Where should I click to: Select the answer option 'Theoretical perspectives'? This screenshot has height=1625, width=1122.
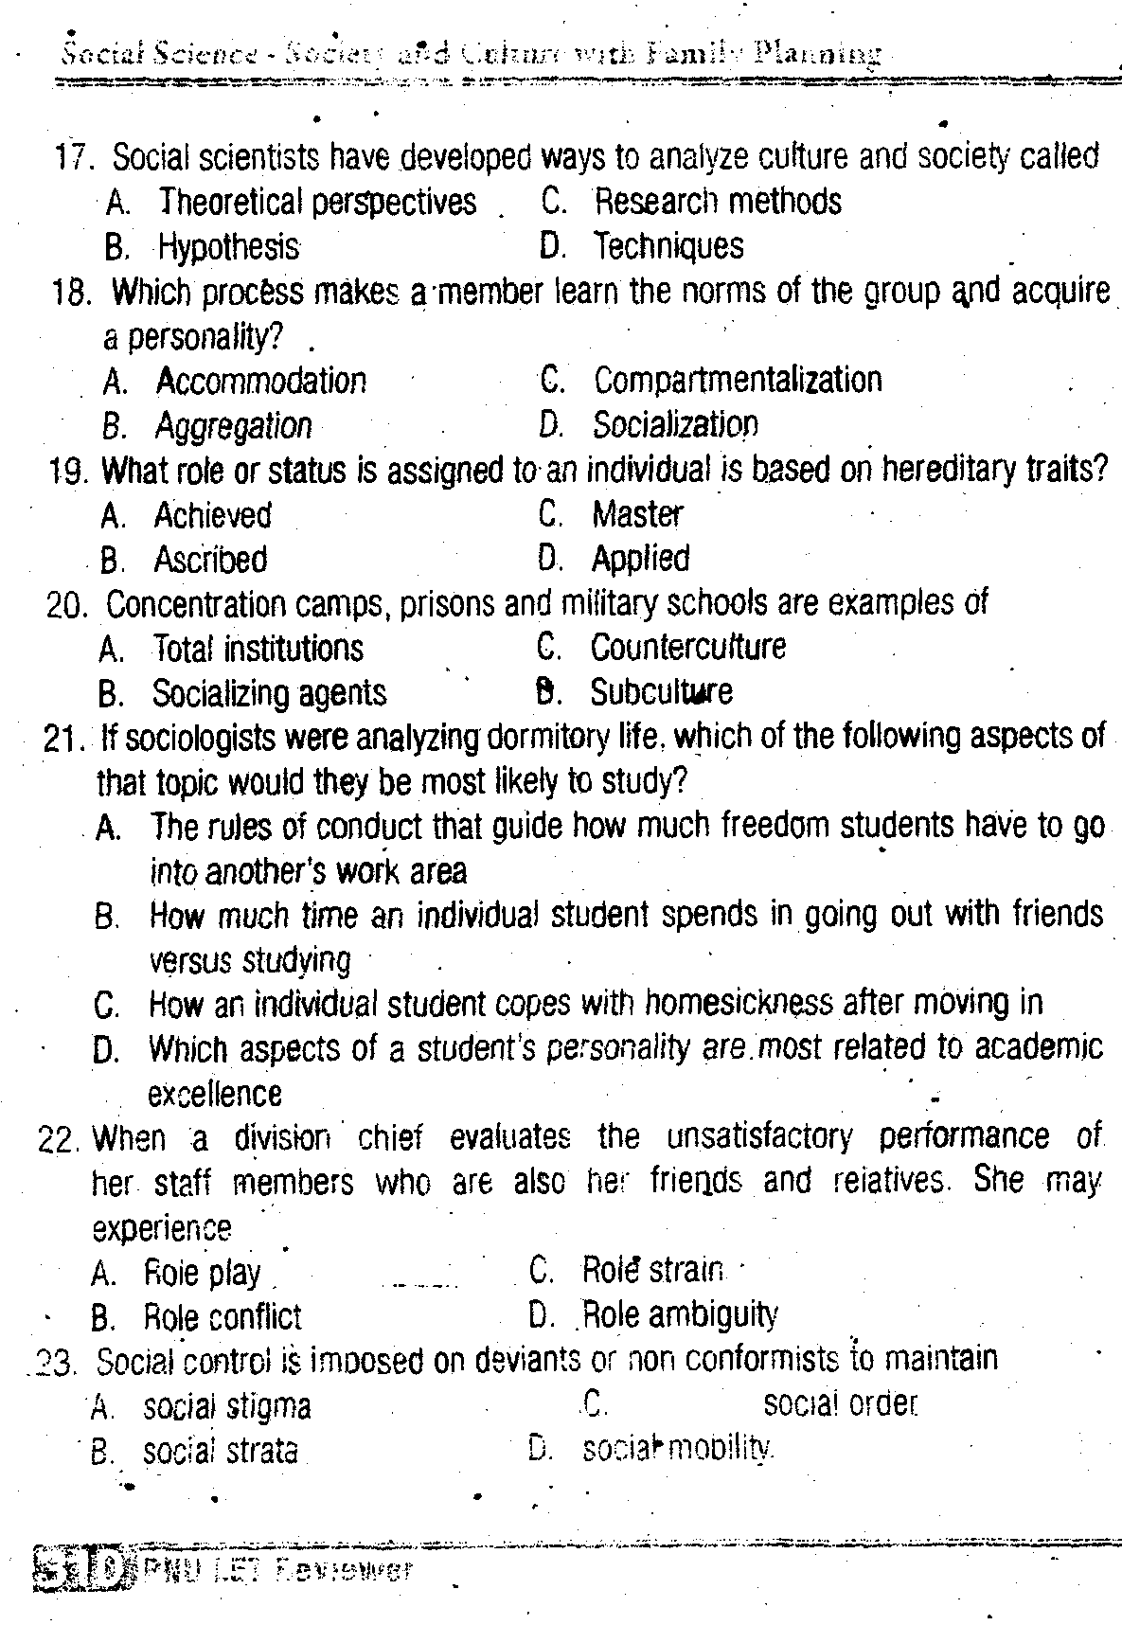[317, 202]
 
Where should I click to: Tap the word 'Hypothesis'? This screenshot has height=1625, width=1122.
[228, 247]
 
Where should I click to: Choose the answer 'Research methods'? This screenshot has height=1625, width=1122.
[717, 201]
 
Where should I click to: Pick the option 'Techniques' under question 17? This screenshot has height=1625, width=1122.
[668, 246]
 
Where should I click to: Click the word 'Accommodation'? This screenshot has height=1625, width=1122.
[260, 381]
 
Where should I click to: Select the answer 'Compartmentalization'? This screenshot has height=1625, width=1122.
[738, 380]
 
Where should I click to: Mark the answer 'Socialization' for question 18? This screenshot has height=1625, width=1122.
[675, 424]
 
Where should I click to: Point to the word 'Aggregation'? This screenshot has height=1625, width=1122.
[233, 426]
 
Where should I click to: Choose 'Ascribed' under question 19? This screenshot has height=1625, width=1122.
[210, 560]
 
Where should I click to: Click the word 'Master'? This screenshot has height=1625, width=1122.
[637, 514]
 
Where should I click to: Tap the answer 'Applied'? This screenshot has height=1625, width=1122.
[640, 558]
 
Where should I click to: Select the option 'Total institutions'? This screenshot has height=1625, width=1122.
[258, 649]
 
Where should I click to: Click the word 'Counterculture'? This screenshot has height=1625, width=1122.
[688, 647]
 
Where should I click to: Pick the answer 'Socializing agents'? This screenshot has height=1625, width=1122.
[269, 693]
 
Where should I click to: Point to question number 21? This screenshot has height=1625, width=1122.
[61, 738]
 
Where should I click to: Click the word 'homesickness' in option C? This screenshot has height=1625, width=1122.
[739, 1002]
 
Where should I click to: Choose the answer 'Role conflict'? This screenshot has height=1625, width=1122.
[222, 1316]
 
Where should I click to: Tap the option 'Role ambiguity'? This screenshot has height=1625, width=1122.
[680, 1314]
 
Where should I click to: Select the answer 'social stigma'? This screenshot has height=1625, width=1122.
[226, 1407]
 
